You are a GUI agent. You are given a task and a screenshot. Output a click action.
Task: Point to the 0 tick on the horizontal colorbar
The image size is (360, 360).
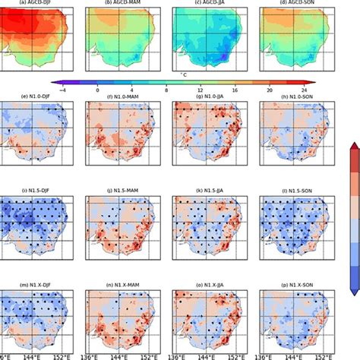[x=97, y=90]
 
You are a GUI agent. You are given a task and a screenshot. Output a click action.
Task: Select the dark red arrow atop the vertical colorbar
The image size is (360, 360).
[x=354, y=147]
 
